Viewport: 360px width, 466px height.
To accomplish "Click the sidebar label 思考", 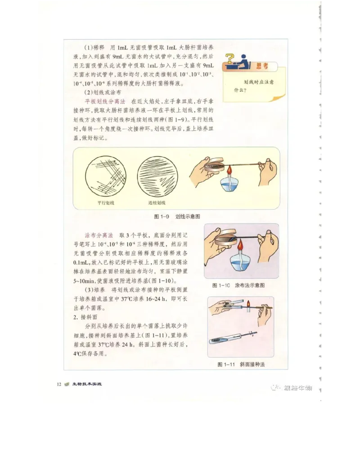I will (x=262, y=66).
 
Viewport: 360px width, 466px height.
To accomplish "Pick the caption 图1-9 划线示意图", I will (x=177, y=217).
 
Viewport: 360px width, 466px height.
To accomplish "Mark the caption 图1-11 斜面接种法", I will (x=241, y=364).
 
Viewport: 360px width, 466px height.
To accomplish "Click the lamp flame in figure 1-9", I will (x=229, y=171).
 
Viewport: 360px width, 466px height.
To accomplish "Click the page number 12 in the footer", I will (x=59, y=384).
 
